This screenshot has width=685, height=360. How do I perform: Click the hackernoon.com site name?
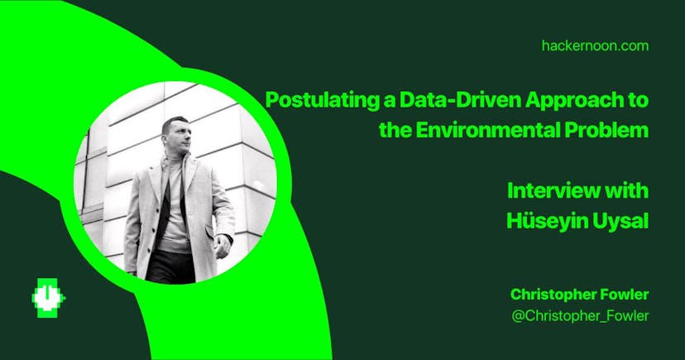(x=595, y=46)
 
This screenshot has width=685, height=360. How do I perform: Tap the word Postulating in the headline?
(x=322, y=100)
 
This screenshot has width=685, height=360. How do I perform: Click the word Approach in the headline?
(x=577, y=100)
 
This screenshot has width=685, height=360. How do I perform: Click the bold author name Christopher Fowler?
(x=580, y=295)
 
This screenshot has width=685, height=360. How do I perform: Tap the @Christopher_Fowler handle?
(x=580, y=316)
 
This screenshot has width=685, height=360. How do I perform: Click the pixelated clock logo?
(x=48, y=298)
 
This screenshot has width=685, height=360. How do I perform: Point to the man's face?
(x=179, y=137)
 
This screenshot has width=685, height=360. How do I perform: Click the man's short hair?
(x=174, y=122)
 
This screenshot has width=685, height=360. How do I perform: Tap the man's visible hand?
(x=223, y=246)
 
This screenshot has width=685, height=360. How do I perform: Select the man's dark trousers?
(x=171, y=267)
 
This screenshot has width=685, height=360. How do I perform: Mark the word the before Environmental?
(x=395, y=130)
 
